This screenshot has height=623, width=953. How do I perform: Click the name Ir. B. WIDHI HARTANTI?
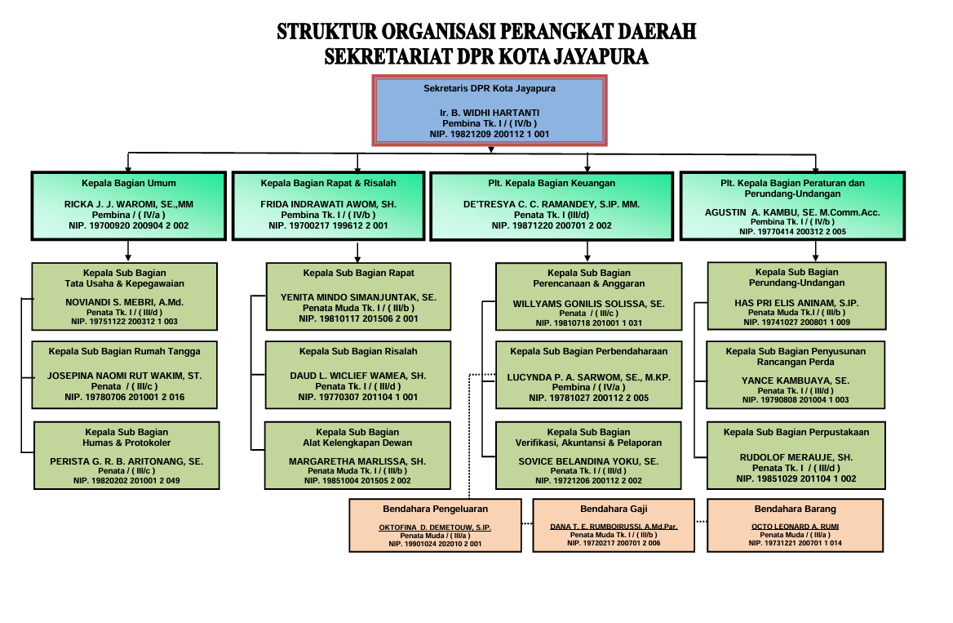(x=490, y=113)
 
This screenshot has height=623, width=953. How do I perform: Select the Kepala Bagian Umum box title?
(x=128, y=183)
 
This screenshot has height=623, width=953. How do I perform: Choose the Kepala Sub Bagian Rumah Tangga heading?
(x=124, y=351)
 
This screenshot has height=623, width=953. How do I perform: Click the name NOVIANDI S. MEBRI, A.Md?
(x=124, y=301)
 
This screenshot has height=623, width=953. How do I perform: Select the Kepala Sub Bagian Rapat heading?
(x=357, y=273)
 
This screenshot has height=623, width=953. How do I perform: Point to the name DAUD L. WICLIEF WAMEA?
(x=357, y=376)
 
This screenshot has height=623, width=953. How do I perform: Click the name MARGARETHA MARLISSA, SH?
(x=357, y=461)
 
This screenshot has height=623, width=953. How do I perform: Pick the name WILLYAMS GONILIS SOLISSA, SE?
(x=588, y=303)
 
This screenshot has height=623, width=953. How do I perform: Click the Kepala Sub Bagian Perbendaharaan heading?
(x=588, y=351)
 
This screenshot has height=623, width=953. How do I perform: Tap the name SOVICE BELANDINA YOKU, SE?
(x=588, y=461)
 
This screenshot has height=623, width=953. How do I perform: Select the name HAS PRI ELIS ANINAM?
(x=796, y=302)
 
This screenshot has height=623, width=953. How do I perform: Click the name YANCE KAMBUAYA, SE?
(x=795, y=380)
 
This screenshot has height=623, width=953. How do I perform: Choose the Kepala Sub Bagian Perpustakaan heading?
(x=796, y=432)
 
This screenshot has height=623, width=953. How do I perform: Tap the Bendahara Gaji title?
(x=615, y=509)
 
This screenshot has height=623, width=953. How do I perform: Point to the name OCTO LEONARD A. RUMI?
(x=795, y=527)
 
